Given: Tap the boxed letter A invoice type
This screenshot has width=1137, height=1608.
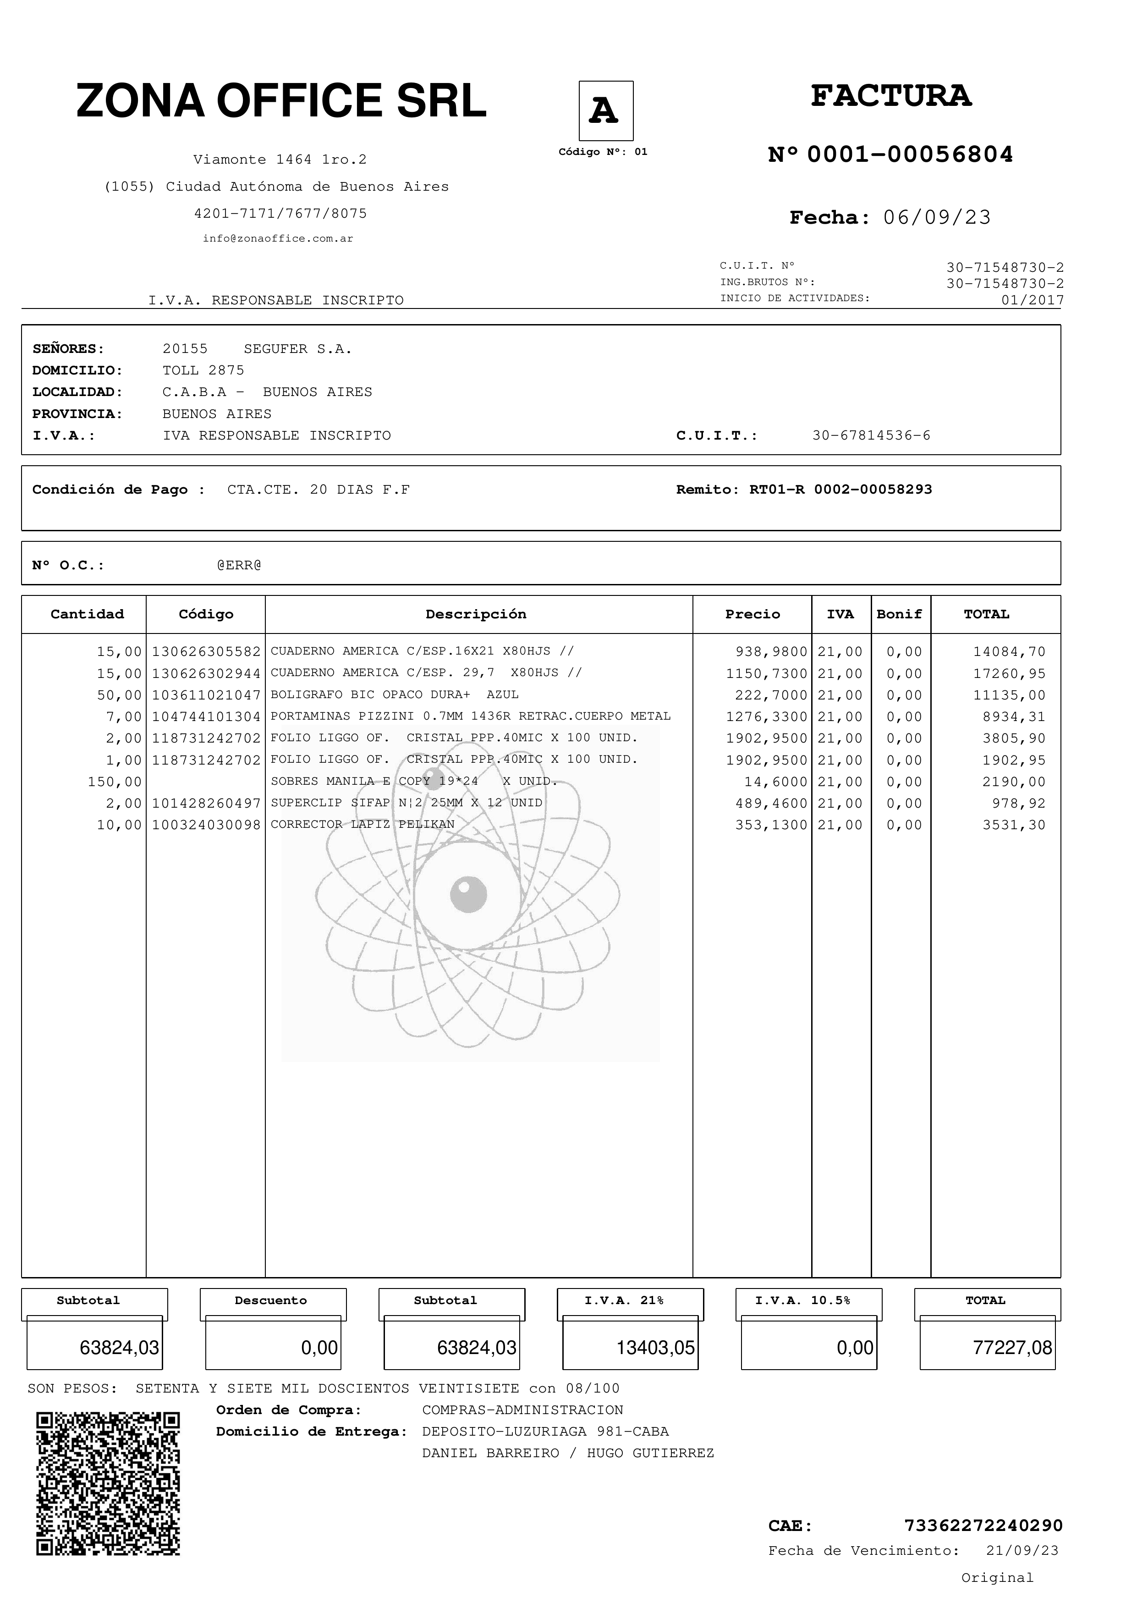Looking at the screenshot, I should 605,110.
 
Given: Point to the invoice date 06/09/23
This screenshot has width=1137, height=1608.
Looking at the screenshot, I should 937,218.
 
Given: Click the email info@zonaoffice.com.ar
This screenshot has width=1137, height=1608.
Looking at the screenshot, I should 278,239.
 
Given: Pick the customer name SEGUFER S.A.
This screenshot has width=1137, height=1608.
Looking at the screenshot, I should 297,349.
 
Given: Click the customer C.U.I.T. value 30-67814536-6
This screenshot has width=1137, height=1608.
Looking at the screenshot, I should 871,435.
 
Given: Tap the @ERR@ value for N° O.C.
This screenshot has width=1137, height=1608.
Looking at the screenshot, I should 239,565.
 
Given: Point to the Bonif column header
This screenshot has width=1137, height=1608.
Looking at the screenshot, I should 899,614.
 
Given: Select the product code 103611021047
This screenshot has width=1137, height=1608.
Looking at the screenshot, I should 206,695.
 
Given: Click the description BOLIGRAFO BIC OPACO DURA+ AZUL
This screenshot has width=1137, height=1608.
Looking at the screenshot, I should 394,695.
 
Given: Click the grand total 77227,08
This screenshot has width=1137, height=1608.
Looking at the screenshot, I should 1012,1348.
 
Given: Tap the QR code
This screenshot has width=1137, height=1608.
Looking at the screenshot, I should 109,1483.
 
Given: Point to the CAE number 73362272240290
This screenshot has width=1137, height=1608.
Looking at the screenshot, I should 983,1525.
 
